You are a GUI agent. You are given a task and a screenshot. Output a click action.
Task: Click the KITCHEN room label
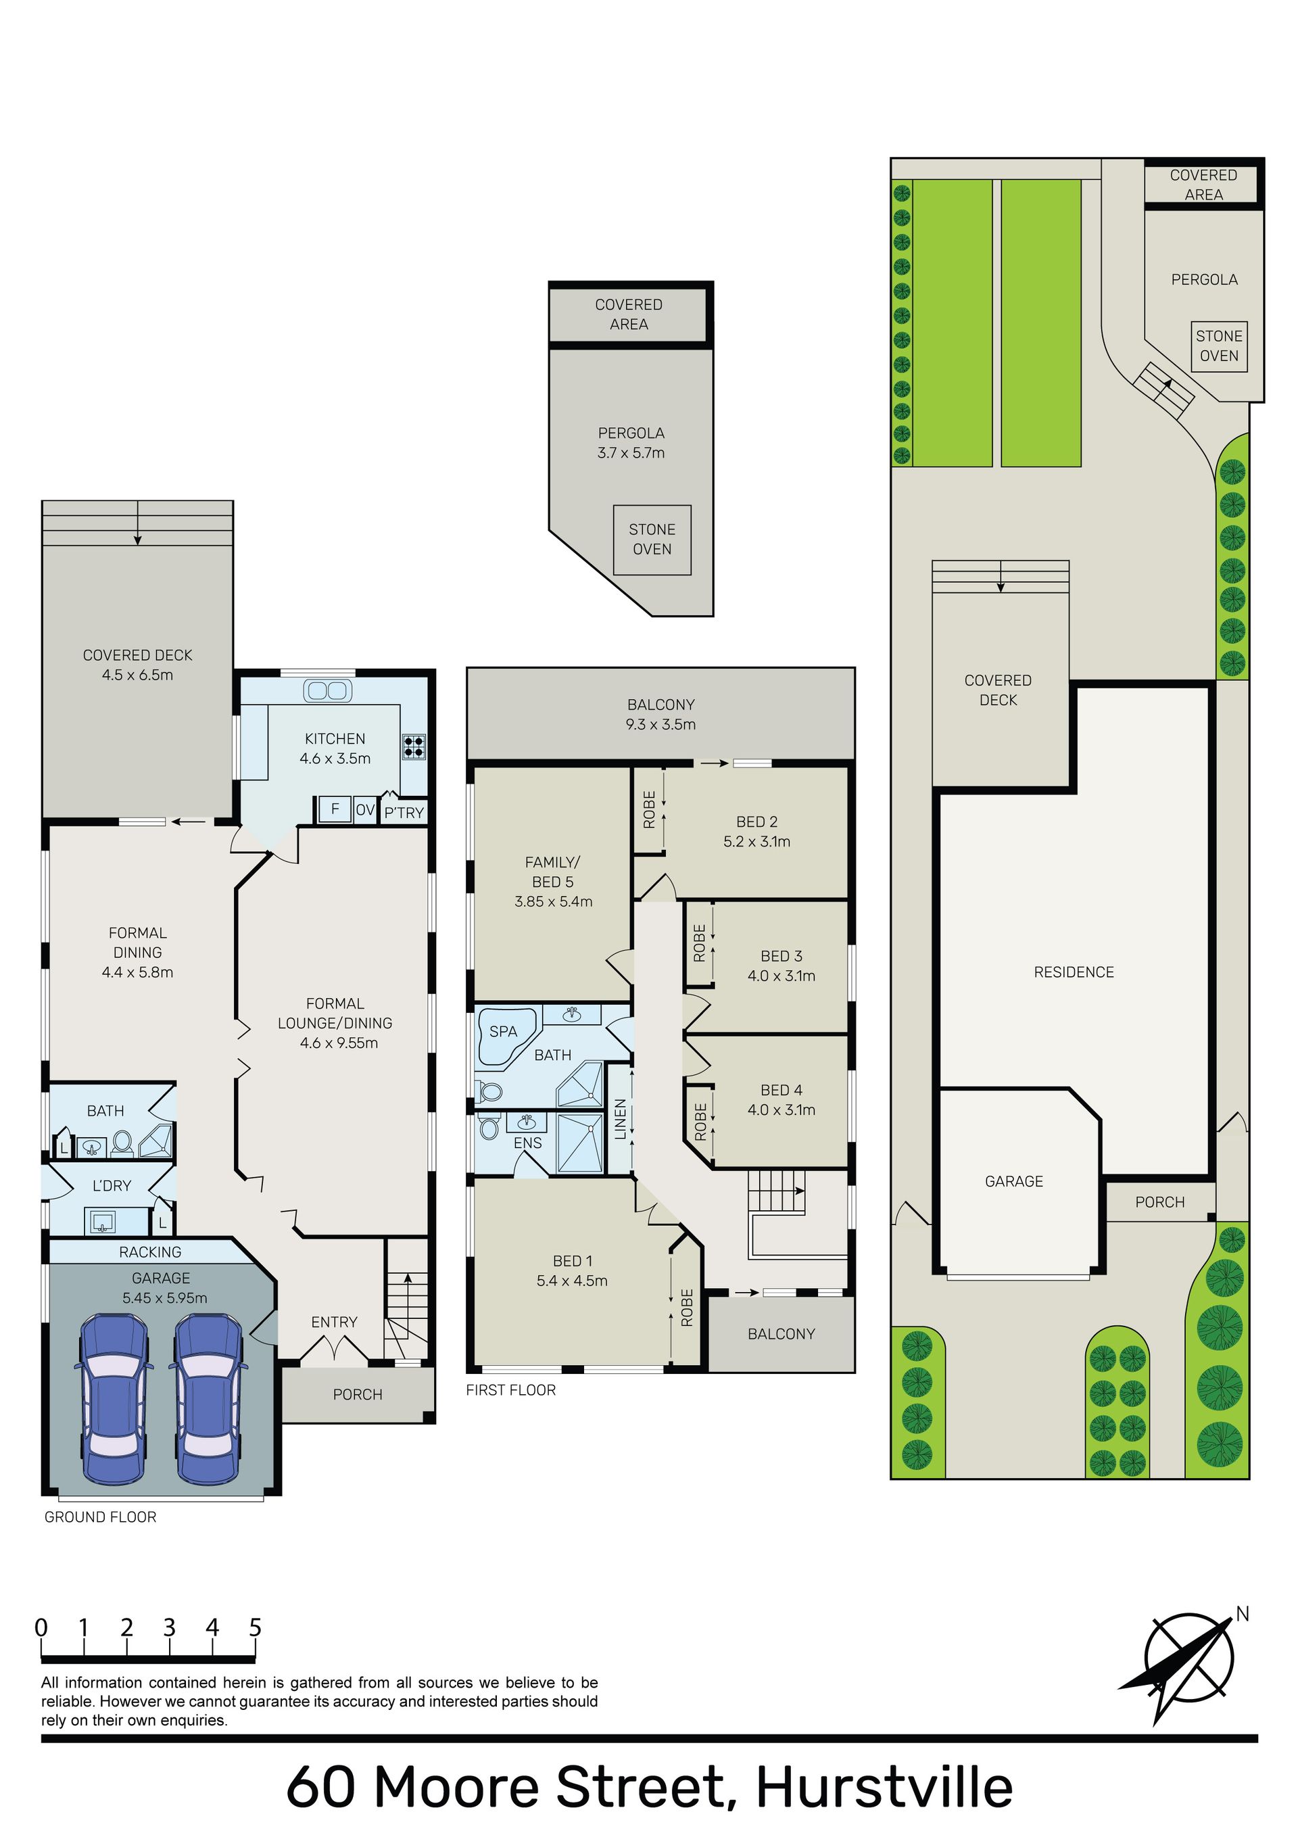point(335,738)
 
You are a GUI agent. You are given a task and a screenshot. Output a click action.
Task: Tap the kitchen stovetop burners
point(414,746)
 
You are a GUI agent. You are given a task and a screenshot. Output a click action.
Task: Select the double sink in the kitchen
point(327,690)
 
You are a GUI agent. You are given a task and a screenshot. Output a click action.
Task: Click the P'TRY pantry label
point(404,813)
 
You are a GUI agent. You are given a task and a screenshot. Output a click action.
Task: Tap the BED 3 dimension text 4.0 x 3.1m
point(781,976)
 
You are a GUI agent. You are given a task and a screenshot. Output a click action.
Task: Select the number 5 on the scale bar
point(256,1627)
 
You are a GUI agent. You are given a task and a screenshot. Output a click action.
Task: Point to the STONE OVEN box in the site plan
point(1219,346)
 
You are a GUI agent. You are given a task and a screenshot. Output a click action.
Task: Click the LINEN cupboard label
point(620,1118)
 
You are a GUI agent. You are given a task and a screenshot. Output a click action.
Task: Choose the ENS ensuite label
point(527,1143)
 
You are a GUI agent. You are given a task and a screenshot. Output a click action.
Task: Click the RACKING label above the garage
point(151,1252)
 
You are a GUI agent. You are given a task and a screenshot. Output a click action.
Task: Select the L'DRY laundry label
point(112,1186)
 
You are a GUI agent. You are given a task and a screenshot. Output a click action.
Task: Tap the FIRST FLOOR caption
point(510,1390)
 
